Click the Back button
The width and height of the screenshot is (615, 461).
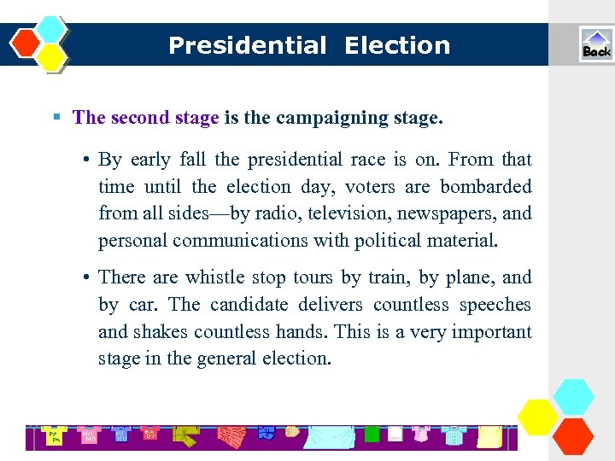click(596, 44)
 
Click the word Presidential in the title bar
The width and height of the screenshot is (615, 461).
click(247, 45)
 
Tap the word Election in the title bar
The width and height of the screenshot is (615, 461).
click(397, 45)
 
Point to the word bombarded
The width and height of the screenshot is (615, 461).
click(485, 186)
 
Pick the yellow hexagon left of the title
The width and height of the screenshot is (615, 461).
click(51, 57)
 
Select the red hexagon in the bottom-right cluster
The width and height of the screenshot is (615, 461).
click(573, 435)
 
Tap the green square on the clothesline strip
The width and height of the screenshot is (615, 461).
click(372, 435)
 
